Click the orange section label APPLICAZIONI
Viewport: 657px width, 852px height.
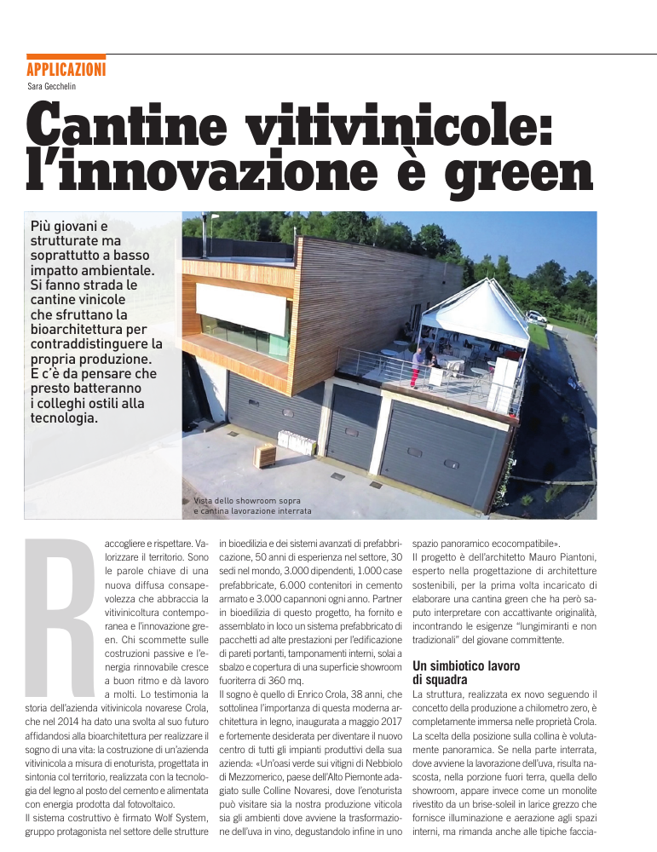66,70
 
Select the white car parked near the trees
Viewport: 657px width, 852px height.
536,316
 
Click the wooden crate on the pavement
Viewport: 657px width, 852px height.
265,455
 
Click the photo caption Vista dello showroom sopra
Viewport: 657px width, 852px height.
247,500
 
